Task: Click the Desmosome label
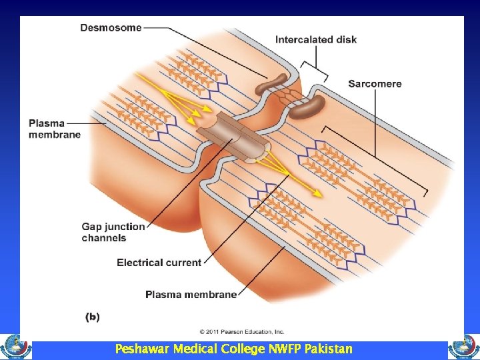111,28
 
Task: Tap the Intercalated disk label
315,39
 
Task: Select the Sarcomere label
374,84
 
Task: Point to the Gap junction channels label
113,232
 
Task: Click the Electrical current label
159,263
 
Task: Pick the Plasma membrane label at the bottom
191,294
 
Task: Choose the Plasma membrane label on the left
55,129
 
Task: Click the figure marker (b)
92,317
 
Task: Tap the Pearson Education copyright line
242,331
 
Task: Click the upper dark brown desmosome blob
272,83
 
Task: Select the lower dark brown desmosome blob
308,105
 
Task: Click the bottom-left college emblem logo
15,347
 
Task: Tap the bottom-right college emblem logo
464,347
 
